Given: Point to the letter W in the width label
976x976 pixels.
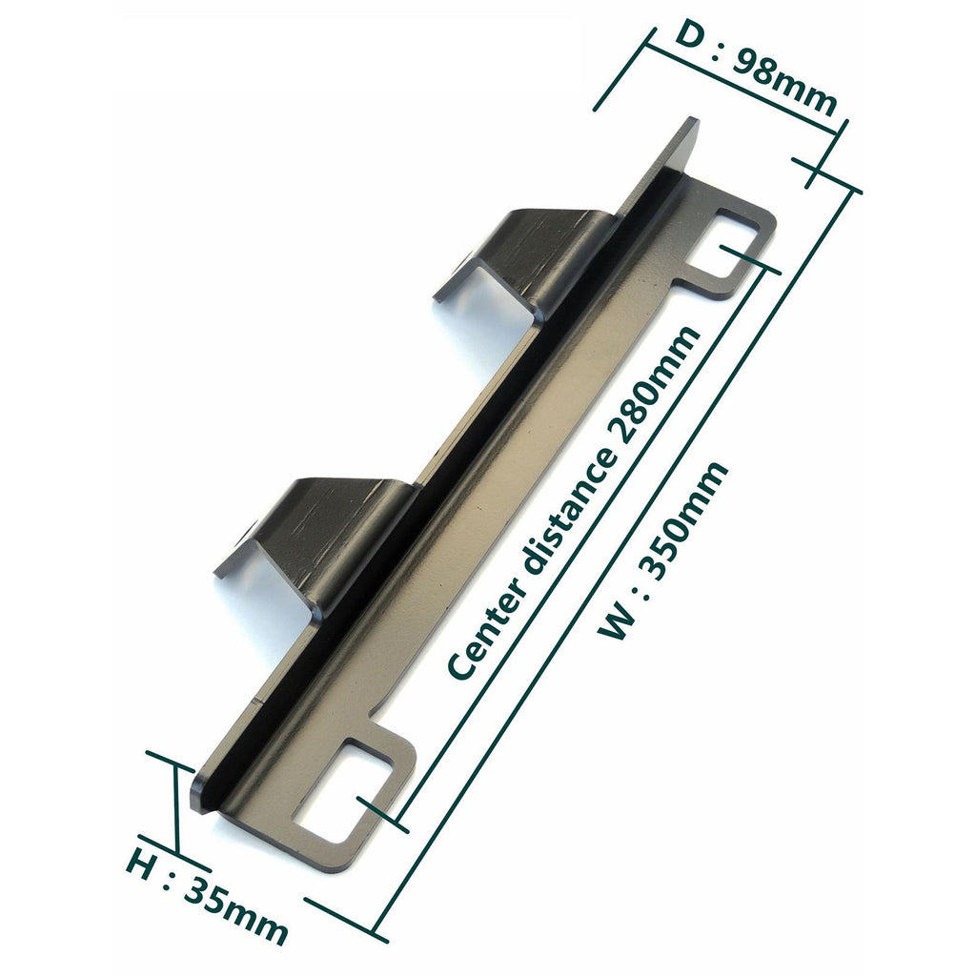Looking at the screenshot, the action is click(x=618, y=621).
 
